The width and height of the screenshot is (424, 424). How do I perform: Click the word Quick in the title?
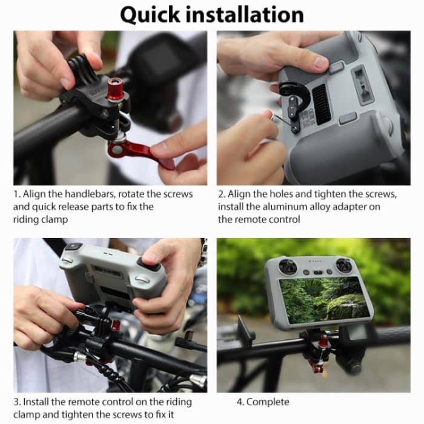(x=155, y=15)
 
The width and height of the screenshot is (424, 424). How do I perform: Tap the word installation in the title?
(x=251, y=15)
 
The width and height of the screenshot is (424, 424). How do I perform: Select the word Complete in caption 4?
(x=268, y=402)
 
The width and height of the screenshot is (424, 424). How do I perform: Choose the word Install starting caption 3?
(x=36, y=402)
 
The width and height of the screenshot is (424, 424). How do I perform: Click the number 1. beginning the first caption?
(x=16, y=194)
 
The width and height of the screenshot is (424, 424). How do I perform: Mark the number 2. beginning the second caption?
(x=222, y=194)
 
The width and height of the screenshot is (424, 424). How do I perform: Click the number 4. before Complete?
(x=240, y=402)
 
